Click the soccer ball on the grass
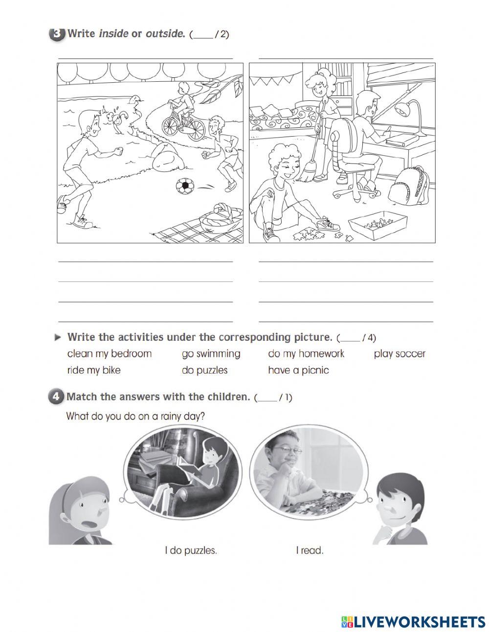[185, 186]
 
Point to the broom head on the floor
[306, 173]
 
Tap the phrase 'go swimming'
[211, 353]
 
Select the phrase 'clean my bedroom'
[110, 353]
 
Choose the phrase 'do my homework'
[306, 353]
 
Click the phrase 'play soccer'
[400, 353]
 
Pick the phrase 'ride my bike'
[94, 370]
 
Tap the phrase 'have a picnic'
[298, 370]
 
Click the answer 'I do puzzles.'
[191, 550]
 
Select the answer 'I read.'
[310, 550]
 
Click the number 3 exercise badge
[57, 34]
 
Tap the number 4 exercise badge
[56, 397]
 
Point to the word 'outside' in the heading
[165, 34]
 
